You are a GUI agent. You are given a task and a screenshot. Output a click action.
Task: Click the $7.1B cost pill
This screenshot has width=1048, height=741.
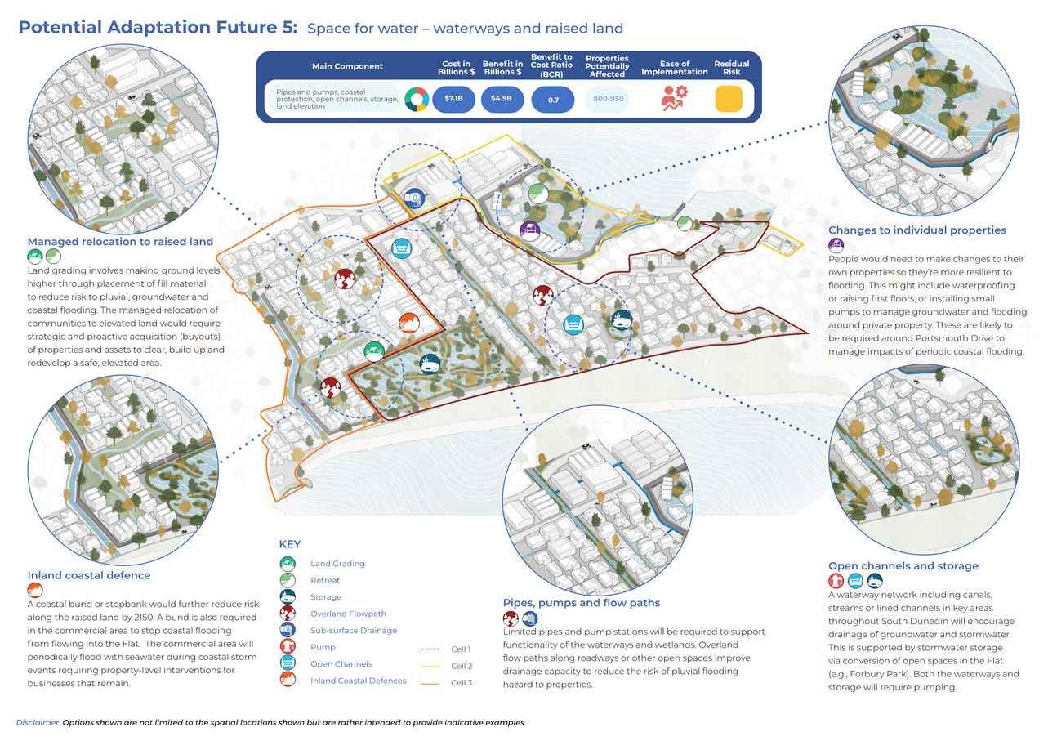point(453,99)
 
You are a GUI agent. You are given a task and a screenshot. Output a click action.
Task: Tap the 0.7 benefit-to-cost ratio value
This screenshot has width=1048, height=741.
point(552,99)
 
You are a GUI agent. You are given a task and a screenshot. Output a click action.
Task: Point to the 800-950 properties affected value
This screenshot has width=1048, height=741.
point(607,99)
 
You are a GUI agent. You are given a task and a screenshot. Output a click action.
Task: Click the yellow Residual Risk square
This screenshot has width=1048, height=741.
point(729,99)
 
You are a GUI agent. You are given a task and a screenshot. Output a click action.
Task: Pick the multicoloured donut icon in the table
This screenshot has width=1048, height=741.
point(417,99)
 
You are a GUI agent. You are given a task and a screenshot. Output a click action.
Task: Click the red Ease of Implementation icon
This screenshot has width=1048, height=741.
point(674,98)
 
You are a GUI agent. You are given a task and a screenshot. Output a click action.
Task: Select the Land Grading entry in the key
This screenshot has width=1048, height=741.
point(337,564)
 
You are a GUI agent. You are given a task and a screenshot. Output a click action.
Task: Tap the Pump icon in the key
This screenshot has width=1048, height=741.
point(287,647)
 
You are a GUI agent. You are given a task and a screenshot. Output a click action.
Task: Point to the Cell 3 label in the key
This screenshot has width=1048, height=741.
point(462,682)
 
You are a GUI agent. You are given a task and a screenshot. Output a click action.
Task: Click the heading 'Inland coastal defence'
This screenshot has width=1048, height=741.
point(89,575)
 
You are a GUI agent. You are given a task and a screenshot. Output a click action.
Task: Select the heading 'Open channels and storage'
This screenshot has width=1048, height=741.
point(903,565)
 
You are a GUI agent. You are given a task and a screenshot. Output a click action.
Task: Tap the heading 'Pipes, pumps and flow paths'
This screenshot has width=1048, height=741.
point(581,603)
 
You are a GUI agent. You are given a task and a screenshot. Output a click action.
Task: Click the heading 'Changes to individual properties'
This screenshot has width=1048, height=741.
point(916,230)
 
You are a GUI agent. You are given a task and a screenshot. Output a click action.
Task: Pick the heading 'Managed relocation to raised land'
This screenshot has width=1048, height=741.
point(120,241)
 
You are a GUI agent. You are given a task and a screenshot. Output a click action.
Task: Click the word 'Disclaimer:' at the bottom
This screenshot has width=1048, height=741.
point(38,723)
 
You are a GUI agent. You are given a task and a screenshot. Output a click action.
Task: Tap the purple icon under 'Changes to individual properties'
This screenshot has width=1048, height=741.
point(836,245)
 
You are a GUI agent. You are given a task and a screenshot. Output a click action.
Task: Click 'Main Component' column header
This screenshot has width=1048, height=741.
point(347,66)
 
